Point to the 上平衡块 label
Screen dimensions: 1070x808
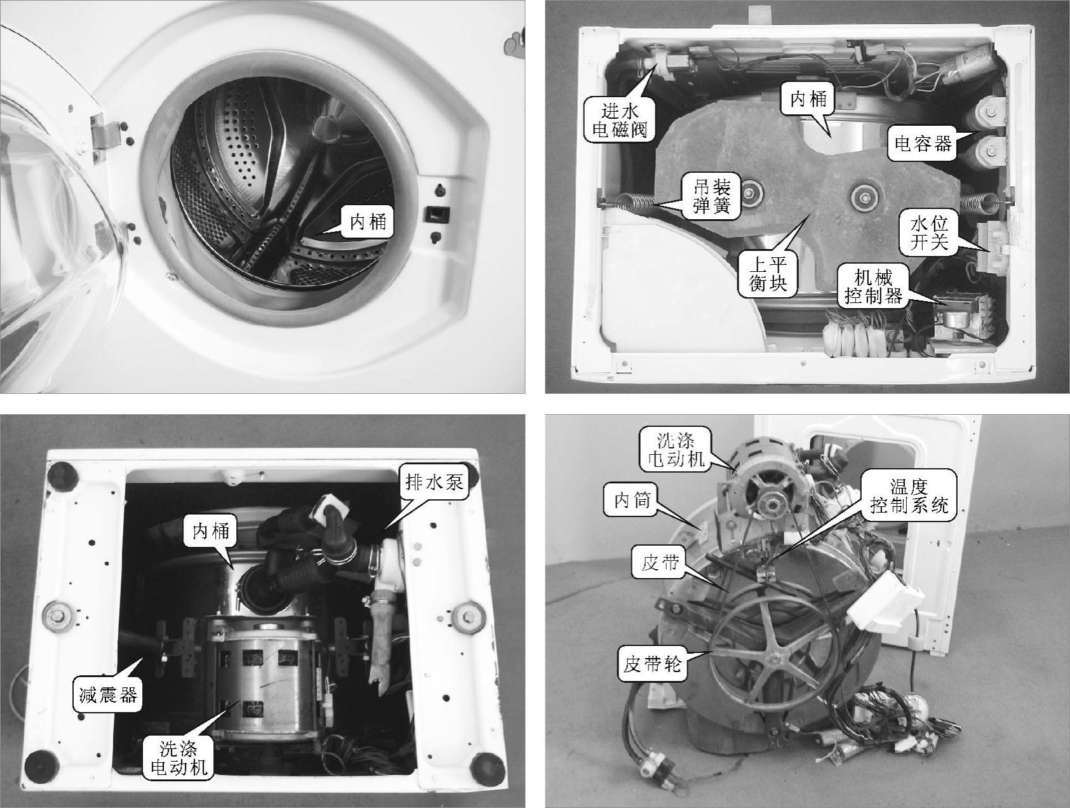(767, 274)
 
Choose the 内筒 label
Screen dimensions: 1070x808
(631, 501)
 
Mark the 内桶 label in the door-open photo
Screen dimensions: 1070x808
(367, 221)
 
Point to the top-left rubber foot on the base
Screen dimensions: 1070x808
(63, 473)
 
